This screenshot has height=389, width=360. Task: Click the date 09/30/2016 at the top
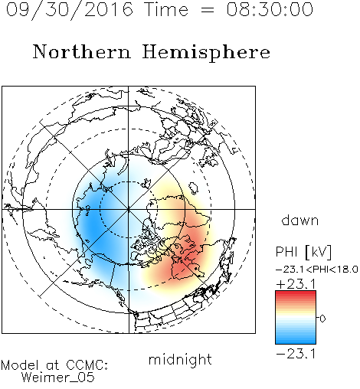[x=70, y=10]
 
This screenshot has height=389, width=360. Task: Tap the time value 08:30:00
[x=270, y=9]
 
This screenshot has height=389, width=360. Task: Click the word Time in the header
[x=166, y=9]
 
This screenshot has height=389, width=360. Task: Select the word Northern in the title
[x=82, y=52]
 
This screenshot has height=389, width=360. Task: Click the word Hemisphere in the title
[x=206, y=53]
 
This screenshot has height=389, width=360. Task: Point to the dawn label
[x=300, y=220]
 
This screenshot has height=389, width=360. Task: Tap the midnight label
[x=180, y=359]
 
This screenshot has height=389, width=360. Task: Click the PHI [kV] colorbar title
[x=303, y=252]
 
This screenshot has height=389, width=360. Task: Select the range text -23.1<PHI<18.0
[x=317, y=270]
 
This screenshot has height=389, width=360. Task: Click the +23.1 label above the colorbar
[x=296, y=284]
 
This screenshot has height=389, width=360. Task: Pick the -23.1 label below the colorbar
[x=296, y=354]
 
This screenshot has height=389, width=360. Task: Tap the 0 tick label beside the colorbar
[x=322, y=319]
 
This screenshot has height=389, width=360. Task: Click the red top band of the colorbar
[x=296, y=293]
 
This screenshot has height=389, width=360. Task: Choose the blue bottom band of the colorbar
[x=296, y=341]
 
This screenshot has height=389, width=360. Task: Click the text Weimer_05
[x=58, y=378]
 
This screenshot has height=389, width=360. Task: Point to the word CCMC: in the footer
[x=87, y=365]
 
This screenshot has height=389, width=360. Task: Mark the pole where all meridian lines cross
[x=129, y=209]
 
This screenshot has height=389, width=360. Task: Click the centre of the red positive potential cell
[x=182, y=266]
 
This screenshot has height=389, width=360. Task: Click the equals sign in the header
[x=208, y=10]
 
